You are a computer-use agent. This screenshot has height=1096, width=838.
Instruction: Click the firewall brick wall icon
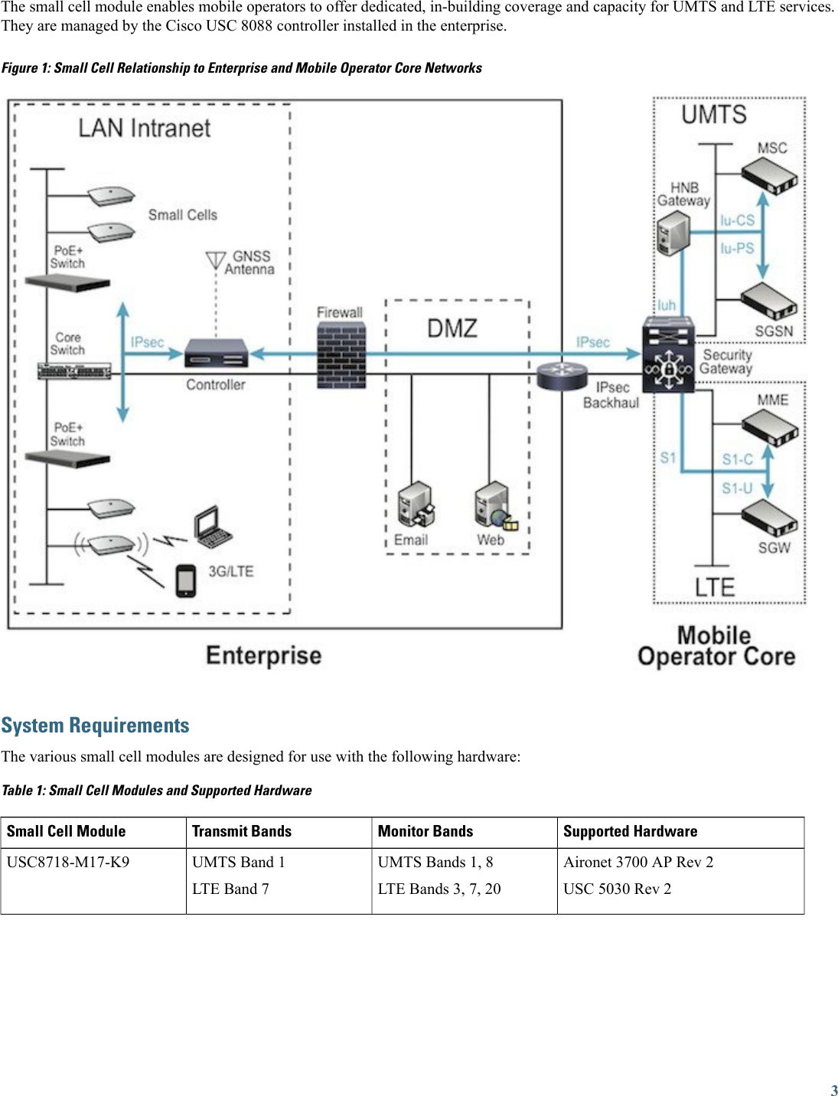341,354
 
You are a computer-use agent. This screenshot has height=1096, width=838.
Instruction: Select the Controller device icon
217,353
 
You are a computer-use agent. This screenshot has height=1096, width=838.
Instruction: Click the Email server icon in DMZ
416,504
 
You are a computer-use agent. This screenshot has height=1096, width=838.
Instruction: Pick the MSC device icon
770,175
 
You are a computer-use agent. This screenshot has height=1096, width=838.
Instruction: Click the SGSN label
774,331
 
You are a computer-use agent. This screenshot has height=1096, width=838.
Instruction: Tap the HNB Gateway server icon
673,233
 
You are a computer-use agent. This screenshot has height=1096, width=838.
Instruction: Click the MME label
772,400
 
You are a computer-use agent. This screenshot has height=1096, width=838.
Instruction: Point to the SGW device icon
770,518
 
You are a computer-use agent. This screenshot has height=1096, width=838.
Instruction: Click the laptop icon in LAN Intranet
211,527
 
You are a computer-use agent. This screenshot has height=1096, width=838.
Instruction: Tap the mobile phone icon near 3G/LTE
186,581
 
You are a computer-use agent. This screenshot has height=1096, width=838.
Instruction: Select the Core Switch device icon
74,373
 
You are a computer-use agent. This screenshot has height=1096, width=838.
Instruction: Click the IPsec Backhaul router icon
562,375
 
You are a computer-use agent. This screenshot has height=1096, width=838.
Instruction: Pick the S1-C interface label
737,460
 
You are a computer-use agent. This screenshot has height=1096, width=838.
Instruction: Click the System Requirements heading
96,726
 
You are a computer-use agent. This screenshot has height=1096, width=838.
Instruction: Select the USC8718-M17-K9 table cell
68,863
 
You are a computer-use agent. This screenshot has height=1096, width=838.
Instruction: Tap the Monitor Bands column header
426,832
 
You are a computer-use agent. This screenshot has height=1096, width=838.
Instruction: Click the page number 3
833,1091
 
